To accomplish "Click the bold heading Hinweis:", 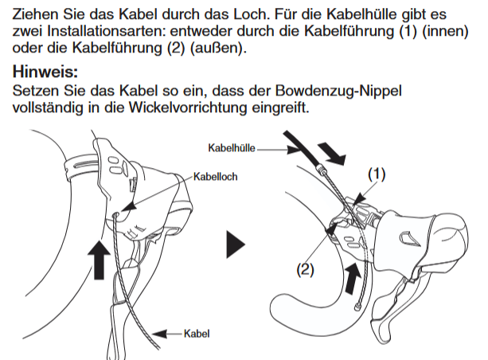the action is coord(45,72).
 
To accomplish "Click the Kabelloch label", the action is coord(216,177).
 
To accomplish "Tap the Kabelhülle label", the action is coord(232,147).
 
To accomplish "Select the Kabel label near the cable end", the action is coord(197,334).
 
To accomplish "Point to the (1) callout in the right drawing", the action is coord(377,174).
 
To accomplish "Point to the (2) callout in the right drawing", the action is coord(306,269).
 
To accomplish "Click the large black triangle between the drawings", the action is coord(236,245).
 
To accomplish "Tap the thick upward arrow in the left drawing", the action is coord(99,260).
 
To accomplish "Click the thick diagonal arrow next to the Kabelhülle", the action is coord(332,153).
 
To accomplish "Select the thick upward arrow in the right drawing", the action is coord(353,278).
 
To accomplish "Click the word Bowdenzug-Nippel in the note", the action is coord(338,91).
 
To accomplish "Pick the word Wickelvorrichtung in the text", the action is coord(188,108).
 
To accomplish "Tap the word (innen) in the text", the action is coord(445,31).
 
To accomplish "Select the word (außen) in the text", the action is coord(218,48).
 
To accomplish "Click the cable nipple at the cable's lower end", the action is coord(357,307).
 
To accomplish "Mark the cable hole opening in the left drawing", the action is coord(116,214).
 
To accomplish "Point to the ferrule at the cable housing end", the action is coord(320,169).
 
